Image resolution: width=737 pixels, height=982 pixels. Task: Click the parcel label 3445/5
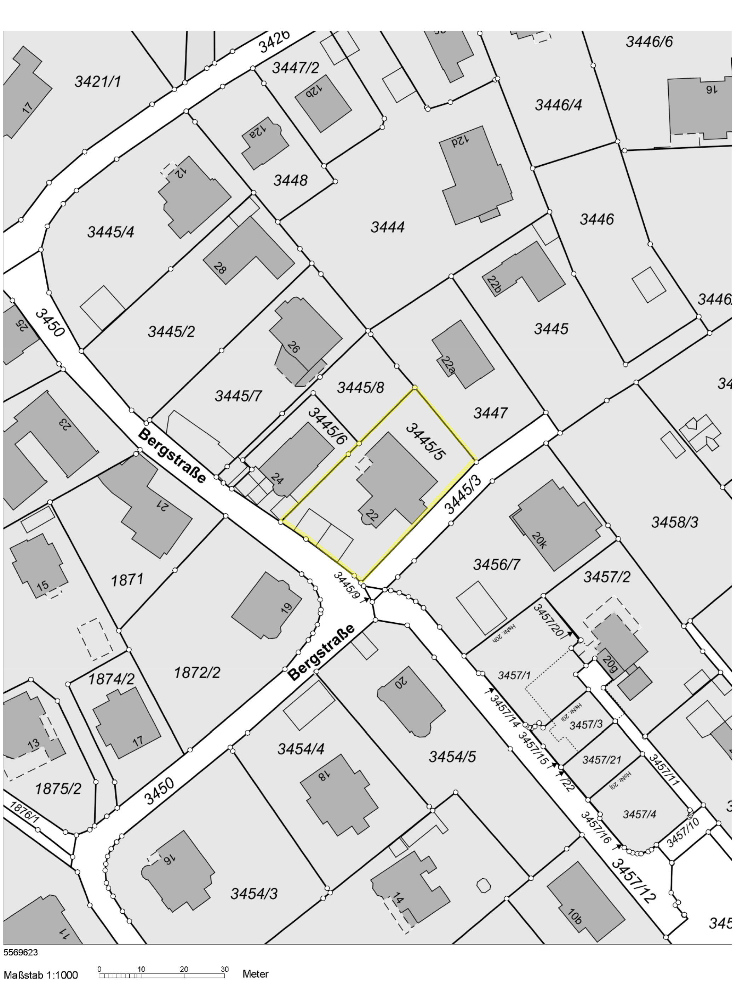click(x=425, y=442)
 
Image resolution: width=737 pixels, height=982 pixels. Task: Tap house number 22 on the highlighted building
click(x=372, y=515)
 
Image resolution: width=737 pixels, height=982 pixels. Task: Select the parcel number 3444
click(x=388, y=227)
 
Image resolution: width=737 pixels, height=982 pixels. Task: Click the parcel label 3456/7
click(x=496, y=565)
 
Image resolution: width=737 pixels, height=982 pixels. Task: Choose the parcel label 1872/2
click(x=197, y=673)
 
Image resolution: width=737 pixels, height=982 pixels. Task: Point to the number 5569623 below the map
click(x=21, y=952)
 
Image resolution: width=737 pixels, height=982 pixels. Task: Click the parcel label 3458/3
click(x=674, y=523)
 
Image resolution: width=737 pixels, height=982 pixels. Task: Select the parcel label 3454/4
click(x=301, y=749)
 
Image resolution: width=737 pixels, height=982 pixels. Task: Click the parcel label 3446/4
click(x=558, y=105)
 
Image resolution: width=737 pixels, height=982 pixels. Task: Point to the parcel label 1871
click(x=127, y=580)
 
